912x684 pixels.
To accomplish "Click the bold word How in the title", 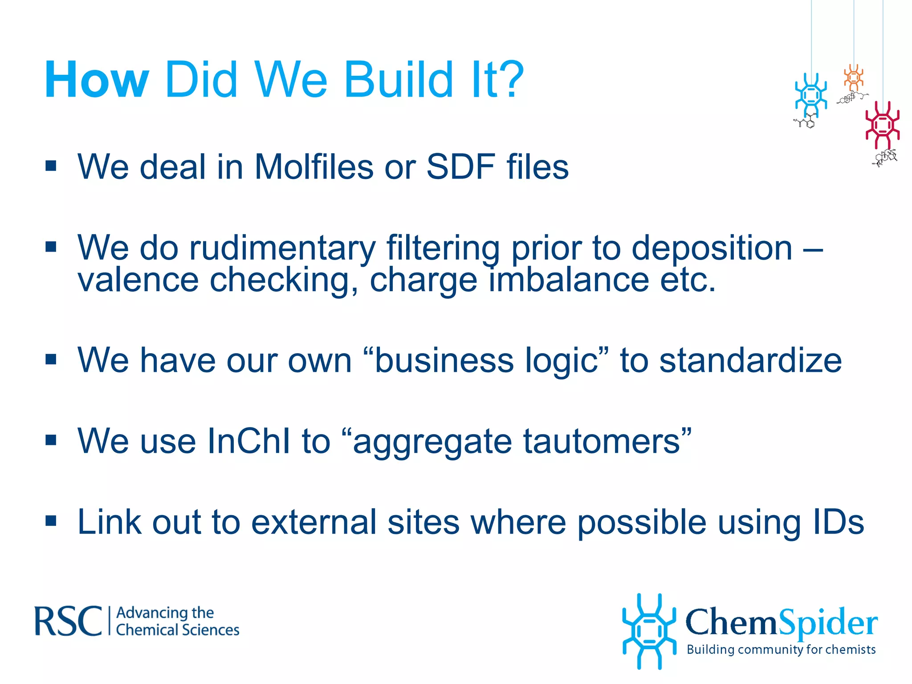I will (96, 80).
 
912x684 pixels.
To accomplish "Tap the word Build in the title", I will (399, 80).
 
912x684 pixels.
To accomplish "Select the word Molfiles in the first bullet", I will (313, 167).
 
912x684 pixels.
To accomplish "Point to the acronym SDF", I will (461, 167).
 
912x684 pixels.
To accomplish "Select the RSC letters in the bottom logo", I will (68, 621).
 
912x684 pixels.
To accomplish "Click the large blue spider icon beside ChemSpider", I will (649, 631).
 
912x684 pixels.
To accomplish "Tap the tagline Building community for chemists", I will (781, 650).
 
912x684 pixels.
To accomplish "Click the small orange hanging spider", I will (853, 77).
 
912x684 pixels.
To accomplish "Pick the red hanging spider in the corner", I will (882, 125).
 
